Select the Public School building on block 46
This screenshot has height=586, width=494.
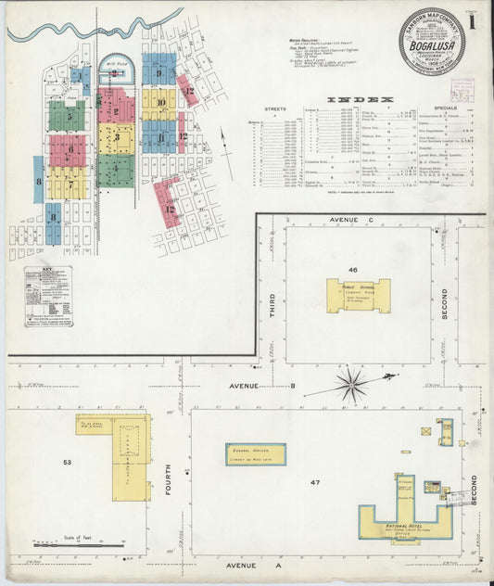pos(358,295)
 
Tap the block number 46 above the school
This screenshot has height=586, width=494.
pos(353,269)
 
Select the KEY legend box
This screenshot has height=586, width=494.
pos(48,298)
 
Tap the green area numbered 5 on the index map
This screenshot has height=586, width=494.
pos(67,116)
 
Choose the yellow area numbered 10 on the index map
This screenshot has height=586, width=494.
pos(159,104)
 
